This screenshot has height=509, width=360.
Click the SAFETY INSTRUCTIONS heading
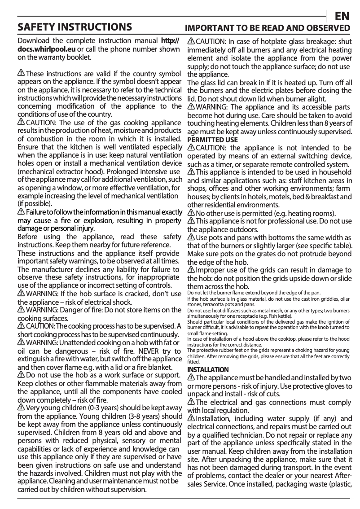(74, 27)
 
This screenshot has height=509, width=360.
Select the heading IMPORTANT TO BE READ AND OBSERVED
(268, 28)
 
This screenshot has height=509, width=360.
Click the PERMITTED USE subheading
(212, 140)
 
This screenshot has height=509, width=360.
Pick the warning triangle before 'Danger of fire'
(21, 310)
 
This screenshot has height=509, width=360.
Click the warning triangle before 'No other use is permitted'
(191, 213)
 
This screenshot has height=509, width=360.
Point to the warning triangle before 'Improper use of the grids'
(191, 270)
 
